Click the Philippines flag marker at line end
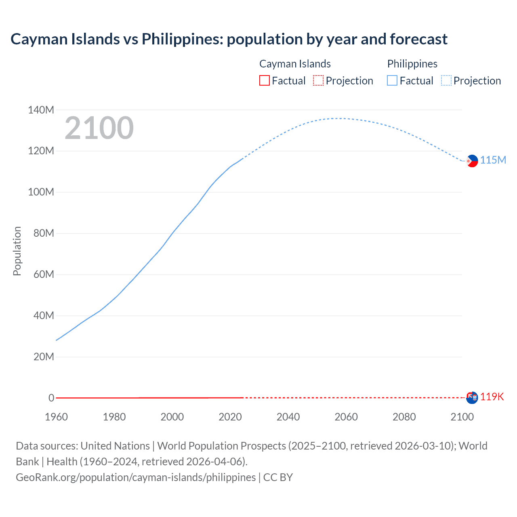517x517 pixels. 472,161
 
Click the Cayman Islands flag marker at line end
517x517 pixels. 472,397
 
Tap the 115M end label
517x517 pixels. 493,160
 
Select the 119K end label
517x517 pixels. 492,397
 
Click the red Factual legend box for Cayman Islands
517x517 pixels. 264,81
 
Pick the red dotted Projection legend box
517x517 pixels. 318,81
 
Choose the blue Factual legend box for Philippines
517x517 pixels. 392,81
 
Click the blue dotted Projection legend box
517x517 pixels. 446,81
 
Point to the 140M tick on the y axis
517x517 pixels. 41,110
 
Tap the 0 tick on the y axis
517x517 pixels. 51,398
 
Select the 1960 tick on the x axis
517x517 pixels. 56,417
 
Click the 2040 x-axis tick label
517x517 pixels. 288,417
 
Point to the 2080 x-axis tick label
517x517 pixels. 404,417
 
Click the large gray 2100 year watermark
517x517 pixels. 99,128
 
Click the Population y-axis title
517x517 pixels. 17,251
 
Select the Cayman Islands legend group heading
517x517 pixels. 295,64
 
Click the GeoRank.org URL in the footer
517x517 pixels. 136,477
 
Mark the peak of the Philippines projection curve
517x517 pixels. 339,118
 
